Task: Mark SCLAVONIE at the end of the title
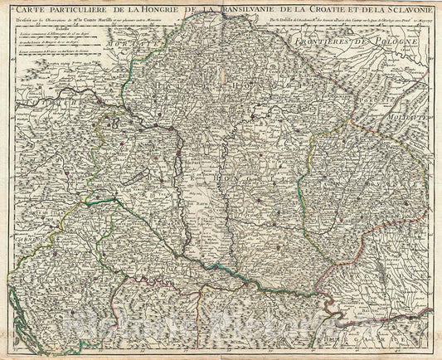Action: point(406,9)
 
